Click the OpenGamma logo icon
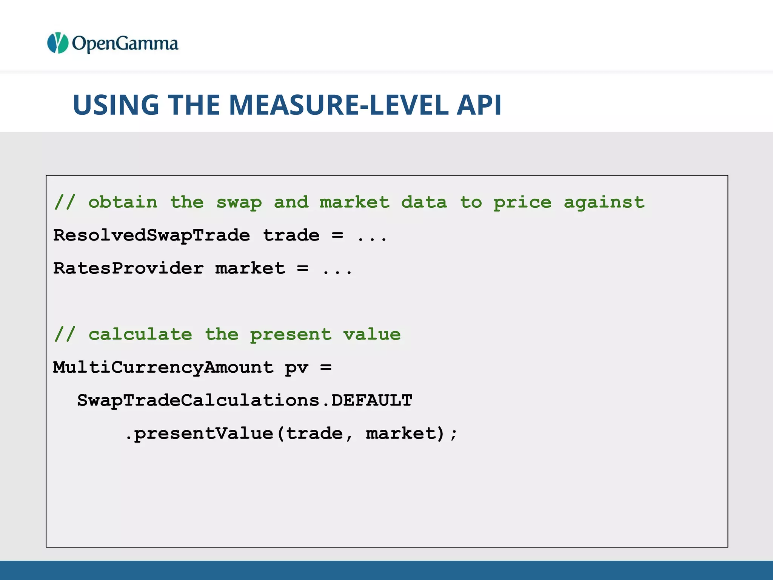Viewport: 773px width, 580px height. (x=57, y=43)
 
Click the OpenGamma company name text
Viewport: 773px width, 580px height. (x=125, y=44)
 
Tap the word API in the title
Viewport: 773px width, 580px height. (x=479, y=105)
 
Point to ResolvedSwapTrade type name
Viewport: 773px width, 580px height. (x=151, y=235)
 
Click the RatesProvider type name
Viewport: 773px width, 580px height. (x=128, y=268)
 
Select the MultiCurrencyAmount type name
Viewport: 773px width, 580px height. (x=163, y=367)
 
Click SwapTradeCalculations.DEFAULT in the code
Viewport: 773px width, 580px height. (x=245, y=400)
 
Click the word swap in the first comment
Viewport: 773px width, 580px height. (x=239, y=203)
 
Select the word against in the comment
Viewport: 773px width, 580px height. (x=604, y=203)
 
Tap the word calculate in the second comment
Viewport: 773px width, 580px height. (x=140, y=335)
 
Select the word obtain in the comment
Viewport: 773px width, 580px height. (x=123, y=202)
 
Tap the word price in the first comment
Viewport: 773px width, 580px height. (x=522, y=203)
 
